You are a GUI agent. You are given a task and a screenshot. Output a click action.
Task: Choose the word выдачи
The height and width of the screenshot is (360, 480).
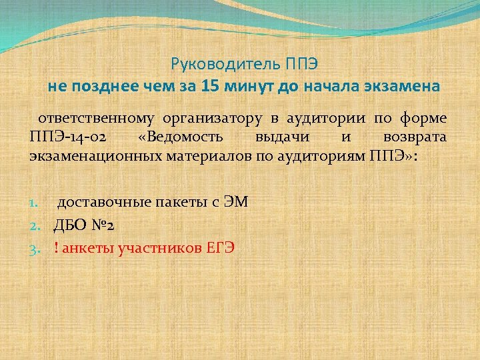280,137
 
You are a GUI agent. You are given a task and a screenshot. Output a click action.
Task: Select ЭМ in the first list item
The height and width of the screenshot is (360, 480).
237,202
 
